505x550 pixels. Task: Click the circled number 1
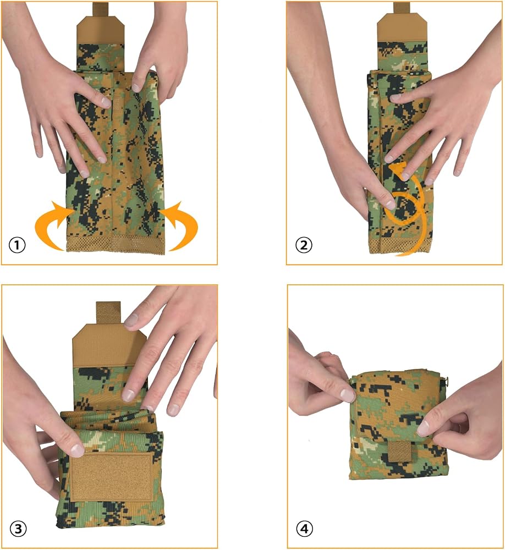click(17, 245)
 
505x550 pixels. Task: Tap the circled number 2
click(304, 245)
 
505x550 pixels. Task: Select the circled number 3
click(18, 529)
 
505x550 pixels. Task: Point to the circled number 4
click(304, 528)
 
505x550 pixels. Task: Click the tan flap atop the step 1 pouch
click(100, 30)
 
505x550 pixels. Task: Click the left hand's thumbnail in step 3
click(77, 450)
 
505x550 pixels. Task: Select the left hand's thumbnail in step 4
click(348, 395)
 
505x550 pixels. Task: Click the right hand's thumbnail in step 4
click(423, 428)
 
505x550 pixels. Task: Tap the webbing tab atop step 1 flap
click(100, 9)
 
